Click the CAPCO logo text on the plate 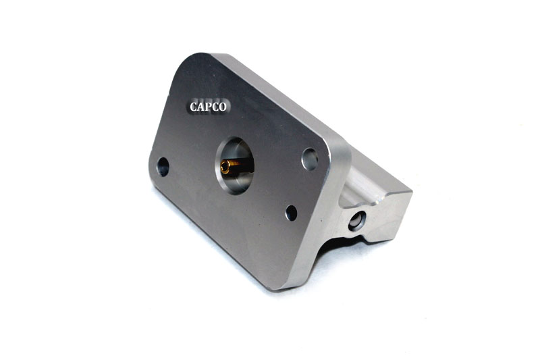(x=208, y=107)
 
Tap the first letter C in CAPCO (x=193, y=107)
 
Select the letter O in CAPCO (x=223, y=107)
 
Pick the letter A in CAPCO (x=200, y=107)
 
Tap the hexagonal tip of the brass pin (x=225, y=167)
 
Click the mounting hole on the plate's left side (x=163, y=167)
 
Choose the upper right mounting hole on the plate (x=310, y=159)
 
